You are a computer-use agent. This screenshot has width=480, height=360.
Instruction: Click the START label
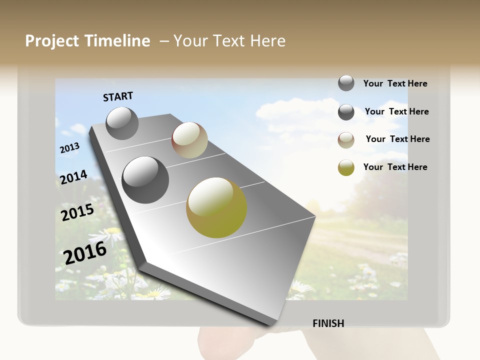pos(118,96)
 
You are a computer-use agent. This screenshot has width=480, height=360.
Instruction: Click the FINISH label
pos(328,323)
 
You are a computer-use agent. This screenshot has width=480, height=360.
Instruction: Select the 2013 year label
pos(69,148)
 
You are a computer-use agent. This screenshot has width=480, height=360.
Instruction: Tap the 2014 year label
pos(73,177)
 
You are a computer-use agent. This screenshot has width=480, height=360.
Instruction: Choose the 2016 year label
pos(85,252)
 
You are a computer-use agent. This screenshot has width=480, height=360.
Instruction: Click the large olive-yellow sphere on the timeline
pos(216,207)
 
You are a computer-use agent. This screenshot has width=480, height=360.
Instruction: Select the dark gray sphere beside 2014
pos(145,180)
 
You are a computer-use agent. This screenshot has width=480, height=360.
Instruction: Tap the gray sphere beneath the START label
pos(122,123)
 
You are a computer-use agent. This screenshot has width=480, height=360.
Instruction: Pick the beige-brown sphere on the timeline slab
pos(189,140)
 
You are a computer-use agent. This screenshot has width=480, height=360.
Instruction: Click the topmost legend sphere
pos(346,83)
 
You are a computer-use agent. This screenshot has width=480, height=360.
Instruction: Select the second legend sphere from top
pos(346,112)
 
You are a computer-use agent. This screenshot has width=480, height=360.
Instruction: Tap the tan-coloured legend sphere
pos(346,140)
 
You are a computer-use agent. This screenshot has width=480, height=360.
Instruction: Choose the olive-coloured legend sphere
pos(346,167)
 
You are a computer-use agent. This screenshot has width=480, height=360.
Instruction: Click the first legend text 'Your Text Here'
pos(395,83)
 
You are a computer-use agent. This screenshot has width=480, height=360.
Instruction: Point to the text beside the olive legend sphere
pos(395,167)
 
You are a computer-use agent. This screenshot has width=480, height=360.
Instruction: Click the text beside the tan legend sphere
pos(397,139)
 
